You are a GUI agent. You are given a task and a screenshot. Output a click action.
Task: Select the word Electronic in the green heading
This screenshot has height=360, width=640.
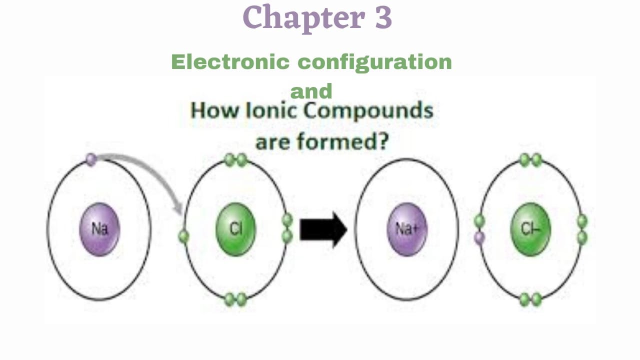[230, 62]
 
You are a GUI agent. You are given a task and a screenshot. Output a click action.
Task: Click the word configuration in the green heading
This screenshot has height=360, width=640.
[375, 62]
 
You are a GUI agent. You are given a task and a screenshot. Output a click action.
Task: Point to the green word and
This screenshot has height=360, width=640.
[311, 91]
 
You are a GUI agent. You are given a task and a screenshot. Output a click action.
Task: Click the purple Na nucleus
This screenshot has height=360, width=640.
[99, 229]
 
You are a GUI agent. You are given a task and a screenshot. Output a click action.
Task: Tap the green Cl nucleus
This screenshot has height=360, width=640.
[235, 229]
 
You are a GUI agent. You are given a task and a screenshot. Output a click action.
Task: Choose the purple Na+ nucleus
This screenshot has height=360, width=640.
[407, 229]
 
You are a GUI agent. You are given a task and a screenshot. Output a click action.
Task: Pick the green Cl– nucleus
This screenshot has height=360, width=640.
[530, 229]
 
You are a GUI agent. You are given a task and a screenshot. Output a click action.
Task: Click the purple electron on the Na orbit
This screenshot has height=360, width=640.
[90, 159]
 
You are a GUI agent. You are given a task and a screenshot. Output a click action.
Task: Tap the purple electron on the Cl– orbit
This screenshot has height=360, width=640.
[479, 237]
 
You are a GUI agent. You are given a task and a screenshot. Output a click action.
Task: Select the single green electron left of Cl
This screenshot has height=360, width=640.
[183, 236]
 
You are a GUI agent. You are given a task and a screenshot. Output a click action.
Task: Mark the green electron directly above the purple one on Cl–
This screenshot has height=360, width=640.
[479, 221]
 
